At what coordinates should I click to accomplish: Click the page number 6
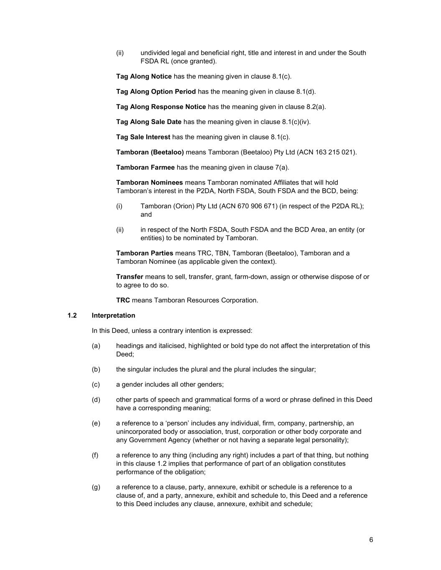click(371, 540)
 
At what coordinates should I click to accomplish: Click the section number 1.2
click(72, 315)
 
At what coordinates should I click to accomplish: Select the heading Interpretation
click(113, 315)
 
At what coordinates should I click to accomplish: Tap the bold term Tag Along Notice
click(144, 76)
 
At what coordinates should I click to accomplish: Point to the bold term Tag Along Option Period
click(156, 91)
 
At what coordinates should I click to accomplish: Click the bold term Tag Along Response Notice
click(161, 106)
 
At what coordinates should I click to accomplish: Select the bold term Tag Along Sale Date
click(149, 122)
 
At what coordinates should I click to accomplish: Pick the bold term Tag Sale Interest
click(143, 137)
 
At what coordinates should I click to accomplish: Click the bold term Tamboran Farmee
click(145, 167)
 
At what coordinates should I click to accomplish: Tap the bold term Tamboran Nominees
click(149, 182)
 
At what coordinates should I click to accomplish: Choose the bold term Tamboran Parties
click(145, 253)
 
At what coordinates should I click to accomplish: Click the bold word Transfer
click(130, 276)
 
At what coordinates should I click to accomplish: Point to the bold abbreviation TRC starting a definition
click(123, 300)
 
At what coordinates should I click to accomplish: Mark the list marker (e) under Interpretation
click(96, 423)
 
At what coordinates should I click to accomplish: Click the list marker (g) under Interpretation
click(96, 487)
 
